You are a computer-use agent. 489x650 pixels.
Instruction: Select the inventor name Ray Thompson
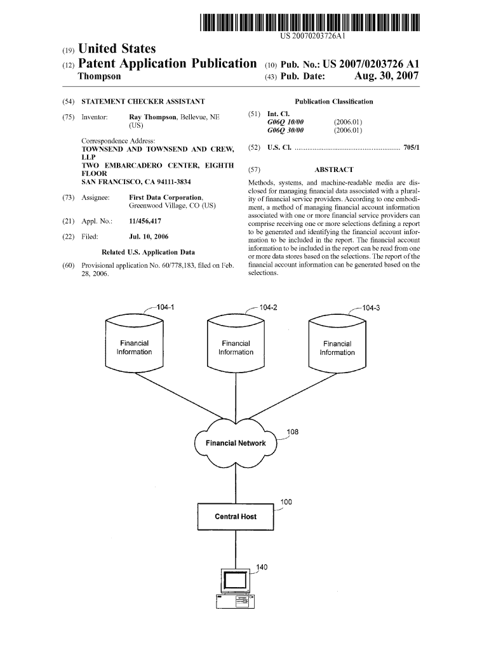pos(153,117)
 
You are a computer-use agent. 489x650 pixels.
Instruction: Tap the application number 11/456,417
pos(144,222)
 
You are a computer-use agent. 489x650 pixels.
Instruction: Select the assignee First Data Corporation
pos(166,197)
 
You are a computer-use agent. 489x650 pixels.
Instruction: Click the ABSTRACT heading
pos(333,169)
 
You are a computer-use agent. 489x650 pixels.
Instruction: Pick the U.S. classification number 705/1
pos(411,147)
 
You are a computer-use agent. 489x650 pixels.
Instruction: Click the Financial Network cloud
pos(236,443)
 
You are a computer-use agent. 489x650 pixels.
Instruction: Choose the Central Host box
pos(236,517)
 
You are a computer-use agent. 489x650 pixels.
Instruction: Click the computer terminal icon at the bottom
pos(235,590)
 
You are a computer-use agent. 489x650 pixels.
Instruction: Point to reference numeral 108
pos(292,432)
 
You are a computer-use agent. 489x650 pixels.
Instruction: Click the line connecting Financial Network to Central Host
pos(236,486)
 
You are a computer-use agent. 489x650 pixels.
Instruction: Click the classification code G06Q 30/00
pos(286,130)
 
